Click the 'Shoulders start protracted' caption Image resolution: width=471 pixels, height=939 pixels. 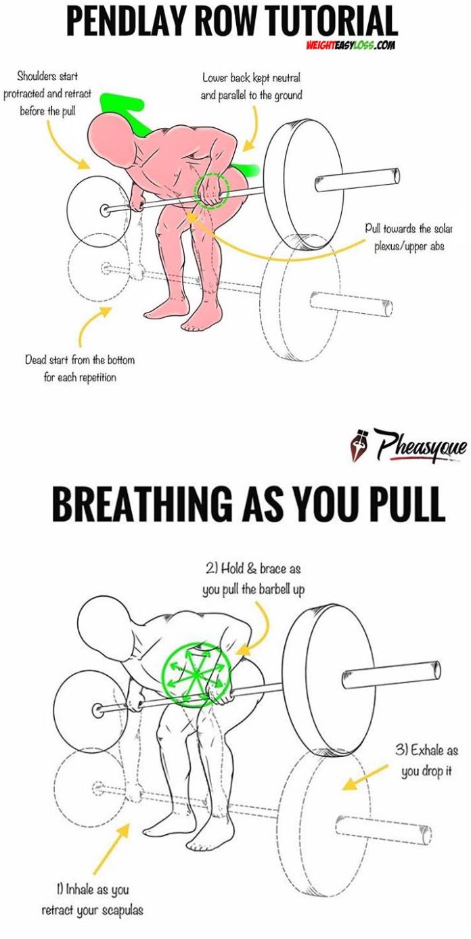click(47, 94)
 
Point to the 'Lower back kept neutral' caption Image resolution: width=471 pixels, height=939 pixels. click(251, 87)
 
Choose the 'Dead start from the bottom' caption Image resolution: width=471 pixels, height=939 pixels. click(80, 368)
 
